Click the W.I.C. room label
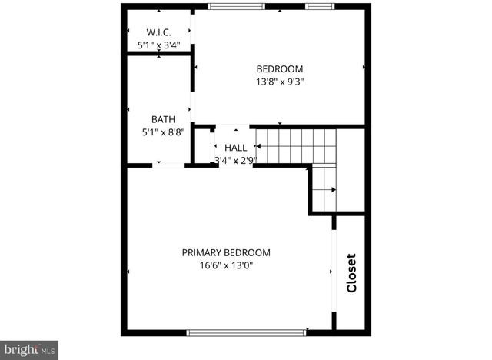pos(158,32)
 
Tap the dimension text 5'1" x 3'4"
pos(158,45)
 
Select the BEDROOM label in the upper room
pos(279,68)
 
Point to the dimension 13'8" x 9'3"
pos(279,81)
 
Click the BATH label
pos(163,119)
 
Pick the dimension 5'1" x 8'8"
pos(163,132)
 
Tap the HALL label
pos(235,147)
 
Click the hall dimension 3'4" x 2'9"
pos(235,160)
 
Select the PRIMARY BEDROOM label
pos(226,252)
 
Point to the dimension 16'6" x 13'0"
pos(226,265)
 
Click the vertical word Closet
pos(351,273)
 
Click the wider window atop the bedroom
pos(237,7)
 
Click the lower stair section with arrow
pos(324,189)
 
